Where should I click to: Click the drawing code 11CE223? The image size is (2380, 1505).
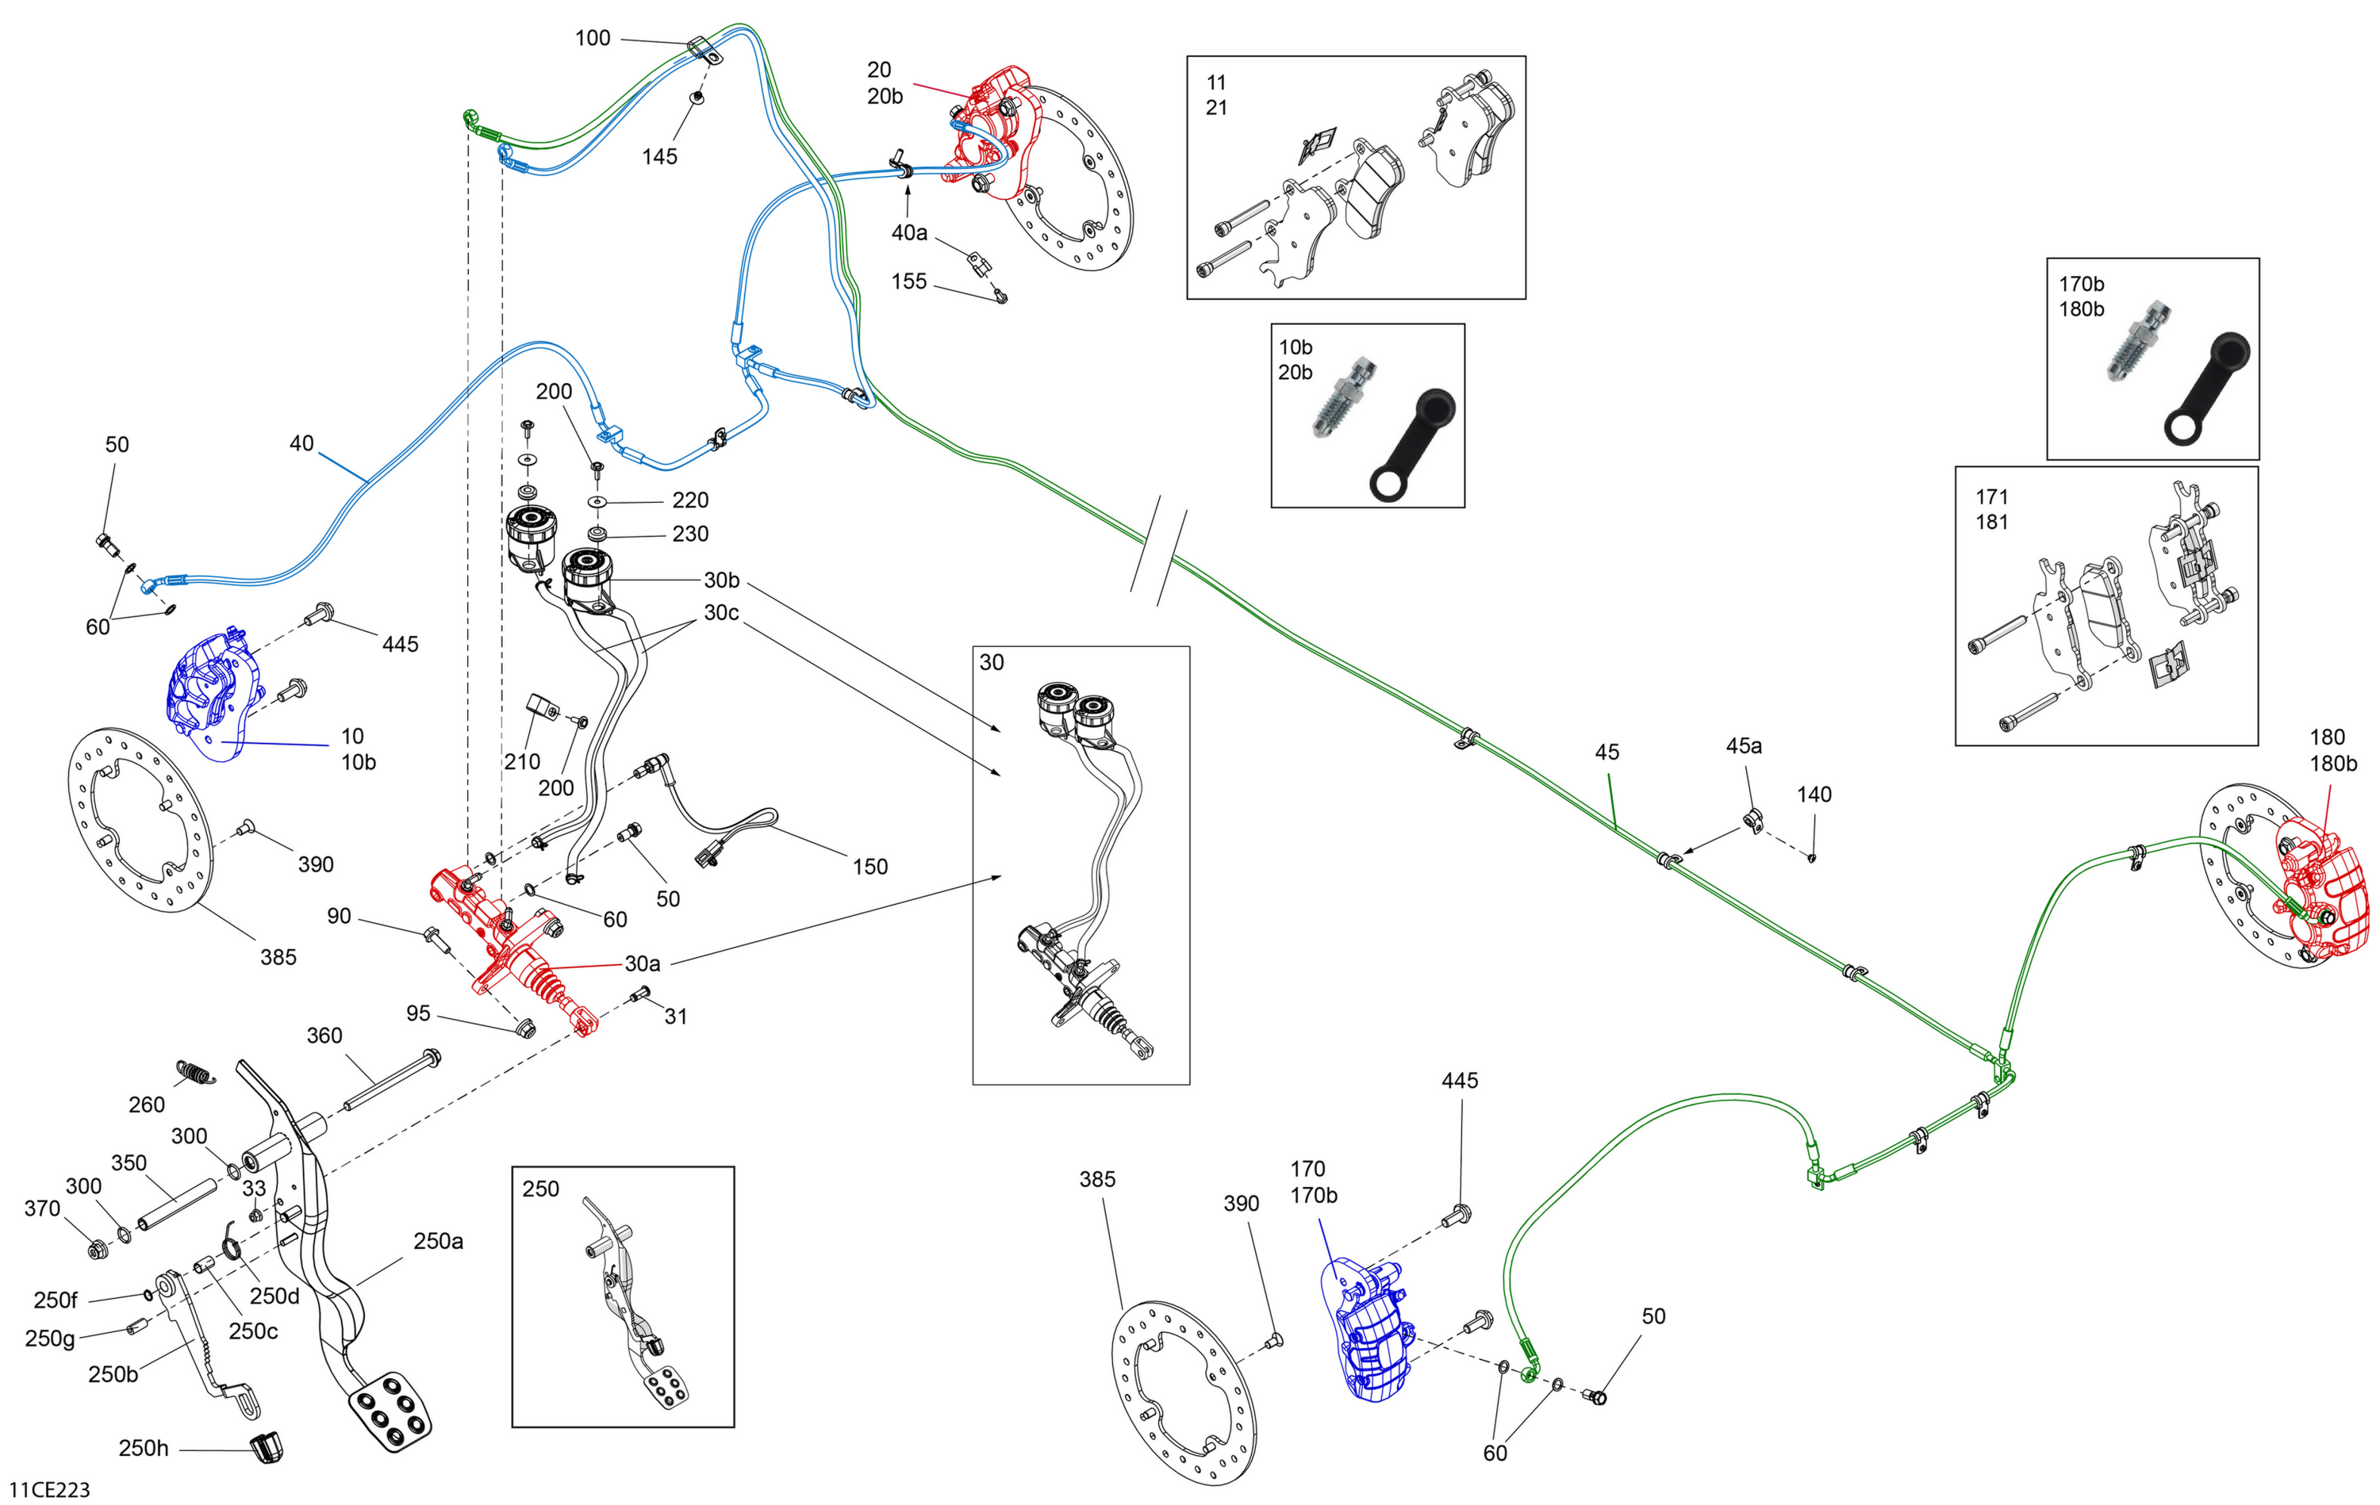point(49,1489)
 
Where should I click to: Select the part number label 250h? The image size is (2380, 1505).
point(144,1448)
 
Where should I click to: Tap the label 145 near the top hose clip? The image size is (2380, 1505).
point(659,156)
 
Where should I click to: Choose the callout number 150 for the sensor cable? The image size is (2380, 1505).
point(869,867)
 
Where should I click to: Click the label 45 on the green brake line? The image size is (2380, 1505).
point(1607,752)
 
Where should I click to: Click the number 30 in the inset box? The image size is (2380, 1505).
point(992,662)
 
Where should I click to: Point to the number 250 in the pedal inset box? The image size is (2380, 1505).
point(540,1189)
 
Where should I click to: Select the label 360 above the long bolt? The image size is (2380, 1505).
point(324,1036)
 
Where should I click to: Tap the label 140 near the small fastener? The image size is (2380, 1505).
point(1814,795)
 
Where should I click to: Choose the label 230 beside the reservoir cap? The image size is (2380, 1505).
point(690,534)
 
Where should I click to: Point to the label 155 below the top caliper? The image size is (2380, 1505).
point(909,281)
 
